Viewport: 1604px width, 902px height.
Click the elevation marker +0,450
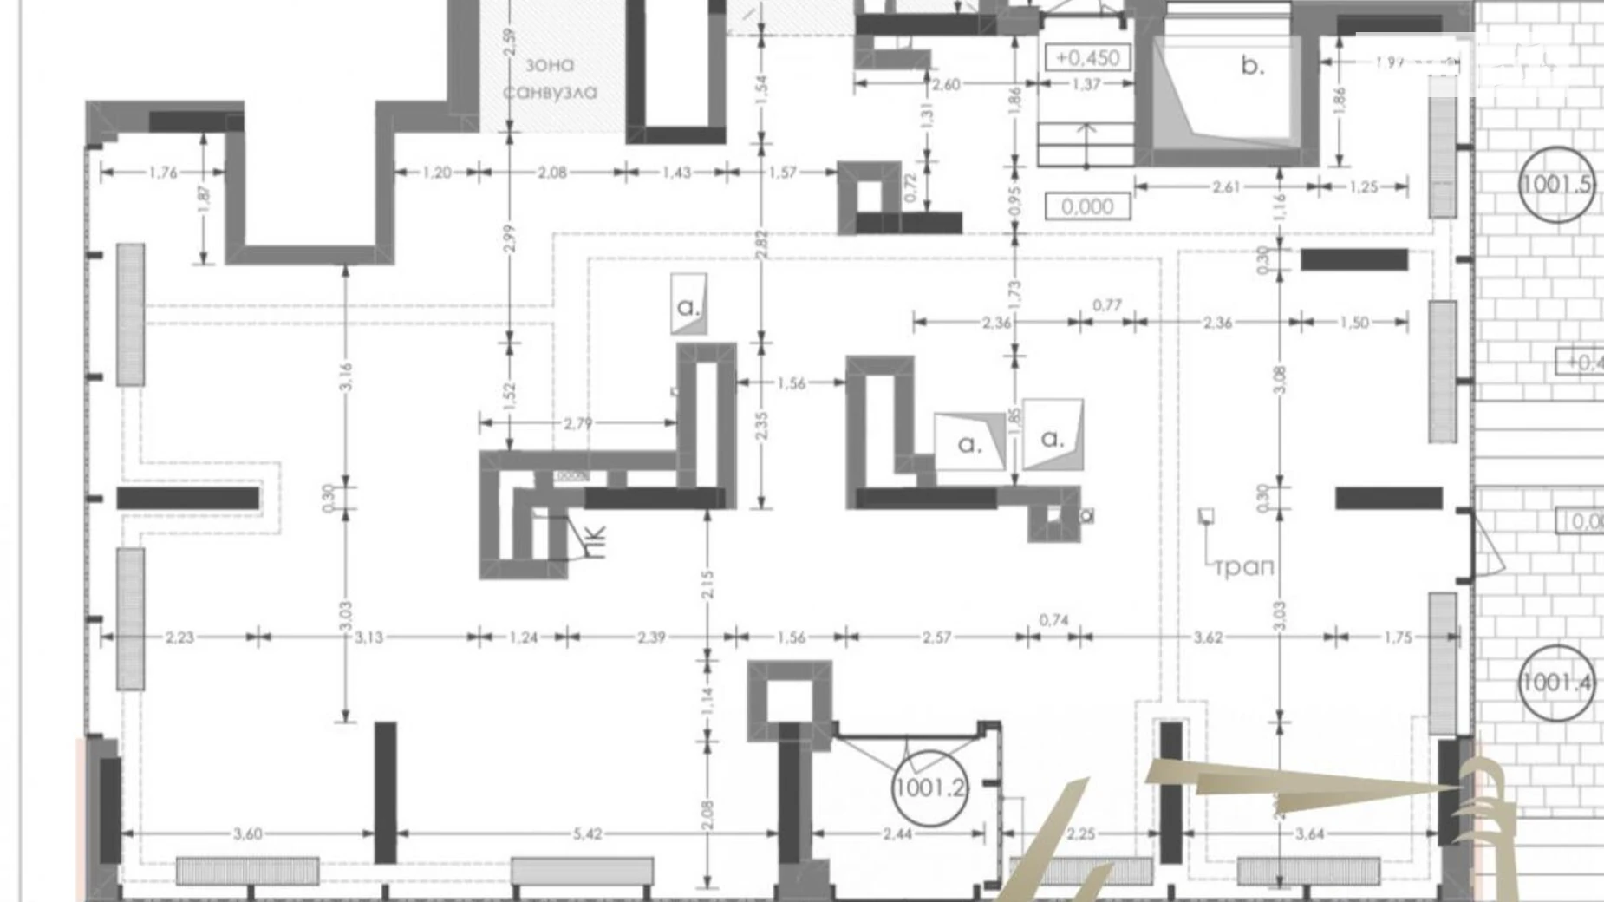coord(1088,58)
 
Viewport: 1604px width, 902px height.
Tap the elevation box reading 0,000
coord(1087,206)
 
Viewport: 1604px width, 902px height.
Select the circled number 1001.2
coord(929,788)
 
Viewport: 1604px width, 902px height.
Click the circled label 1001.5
coord(1557,185)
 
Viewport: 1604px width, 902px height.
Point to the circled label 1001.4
coord(1557,683)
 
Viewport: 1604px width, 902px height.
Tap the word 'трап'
coord(1244,568)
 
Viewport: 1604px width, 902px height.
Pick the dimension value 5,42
coord(587,834)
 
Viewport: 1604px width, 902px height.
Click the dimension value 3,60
coord(247,834)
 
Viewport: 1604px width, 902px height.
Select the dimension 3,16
coord(346,377)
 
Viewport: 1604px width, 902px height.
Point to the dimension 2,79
coord(577,423)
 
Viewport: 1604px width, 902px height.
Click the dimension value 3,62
coord(1208,637)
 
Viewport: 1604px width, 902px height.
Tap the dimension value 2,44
coord(897,834)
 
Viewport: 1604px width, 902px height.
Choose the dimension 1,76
coord(163,173)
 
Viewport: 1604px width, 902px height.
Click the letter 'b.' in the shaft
coord(1252,65)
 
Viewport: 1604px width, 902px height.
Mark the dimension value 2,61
coord(1225,186)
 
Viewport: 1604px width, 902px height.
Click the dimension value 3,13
coord(369,637)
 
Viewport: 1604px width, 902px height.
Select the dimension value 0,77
coord(1107,305)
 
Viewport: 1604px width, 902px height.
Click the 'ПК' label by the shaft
coord(596,540)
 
